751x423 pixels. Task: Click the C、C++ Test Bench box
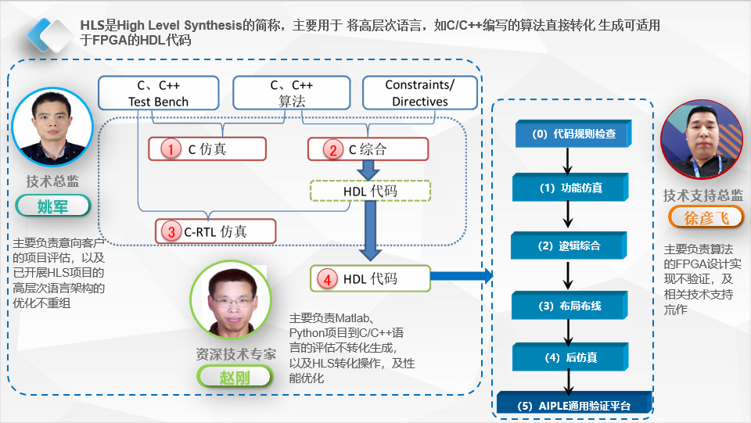[159, 93]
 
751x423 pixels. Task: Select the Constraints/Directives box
[419, 93]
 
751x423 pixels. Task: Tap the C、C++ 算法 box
[292, 93]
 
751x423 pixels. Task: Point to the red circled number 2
[333, 149]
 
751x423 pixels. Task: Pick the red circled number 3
[171, 231]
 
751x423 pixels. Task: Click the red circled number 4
[329, 278]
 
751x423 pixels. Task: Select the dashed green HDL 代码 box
[370, 191]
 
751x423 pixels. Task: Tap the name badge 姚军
[53, 206]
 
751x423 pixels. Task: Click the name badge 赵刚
[235, 376]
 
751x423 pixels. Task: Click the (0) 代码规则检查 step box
[573, 134]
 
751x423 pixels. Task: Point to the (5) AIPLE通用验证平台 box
[574, 405]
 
